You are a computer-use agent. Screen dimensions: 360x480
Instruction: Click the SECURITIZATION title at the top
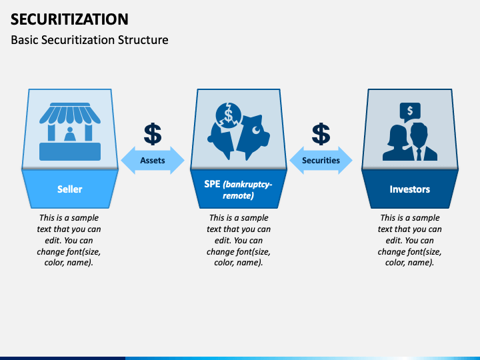click(x=70, y=19)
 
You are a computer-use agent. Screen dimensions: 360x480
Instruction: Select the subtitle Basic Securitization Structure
click(x=89, y=40)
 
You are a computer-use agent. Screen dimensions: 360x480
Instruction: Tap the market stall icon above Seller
click(x=70, y=131)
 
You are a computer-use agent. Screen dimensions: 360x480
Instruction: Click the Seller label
click(x=70, y=189)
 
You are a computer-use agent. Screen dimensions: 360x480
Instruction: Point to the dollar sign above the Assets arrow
click(x=153, y=134)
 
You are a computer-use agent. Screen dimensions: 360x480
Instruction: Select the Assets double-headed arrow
click(x=153, y=161)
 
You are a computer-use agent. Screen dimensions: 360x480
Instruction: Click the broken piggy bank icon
click(x=239, y=131)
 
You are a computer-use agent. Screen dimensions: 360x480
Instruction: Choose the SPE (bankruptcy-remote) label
click(x=239, y=189)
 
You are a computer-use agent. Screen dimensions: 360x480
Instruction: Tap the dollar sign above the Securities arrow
click(x=321, y=134)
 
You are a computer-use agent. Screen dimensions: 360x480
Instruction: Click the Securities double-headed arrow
click(x=321, y=161)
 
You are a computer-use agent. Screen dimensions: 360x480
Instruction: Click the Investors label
click(x=409, y=189)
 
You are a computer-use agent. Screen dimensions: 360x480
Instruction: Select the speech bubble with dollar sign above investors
click(x=409, y=111)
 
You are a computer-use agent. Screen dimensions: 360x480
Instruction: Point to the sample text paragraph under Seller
click(x=70, y=240)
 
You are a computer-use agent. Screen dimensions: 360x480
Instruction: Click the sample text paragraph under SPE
click(x=239, y=240)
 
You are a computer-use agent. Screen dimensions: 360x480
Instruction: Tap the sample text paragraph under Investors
click(x=409, y=240)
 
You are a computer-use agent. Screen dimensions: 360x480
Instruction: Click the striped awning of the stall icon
click(x=70, y=114)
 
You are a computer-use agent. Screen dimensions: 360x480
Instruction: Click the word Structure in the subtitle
click(x=143, y=40)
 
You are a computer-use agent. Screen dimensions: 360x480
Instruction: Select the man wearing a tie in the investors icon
click(x=421, y=144)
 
